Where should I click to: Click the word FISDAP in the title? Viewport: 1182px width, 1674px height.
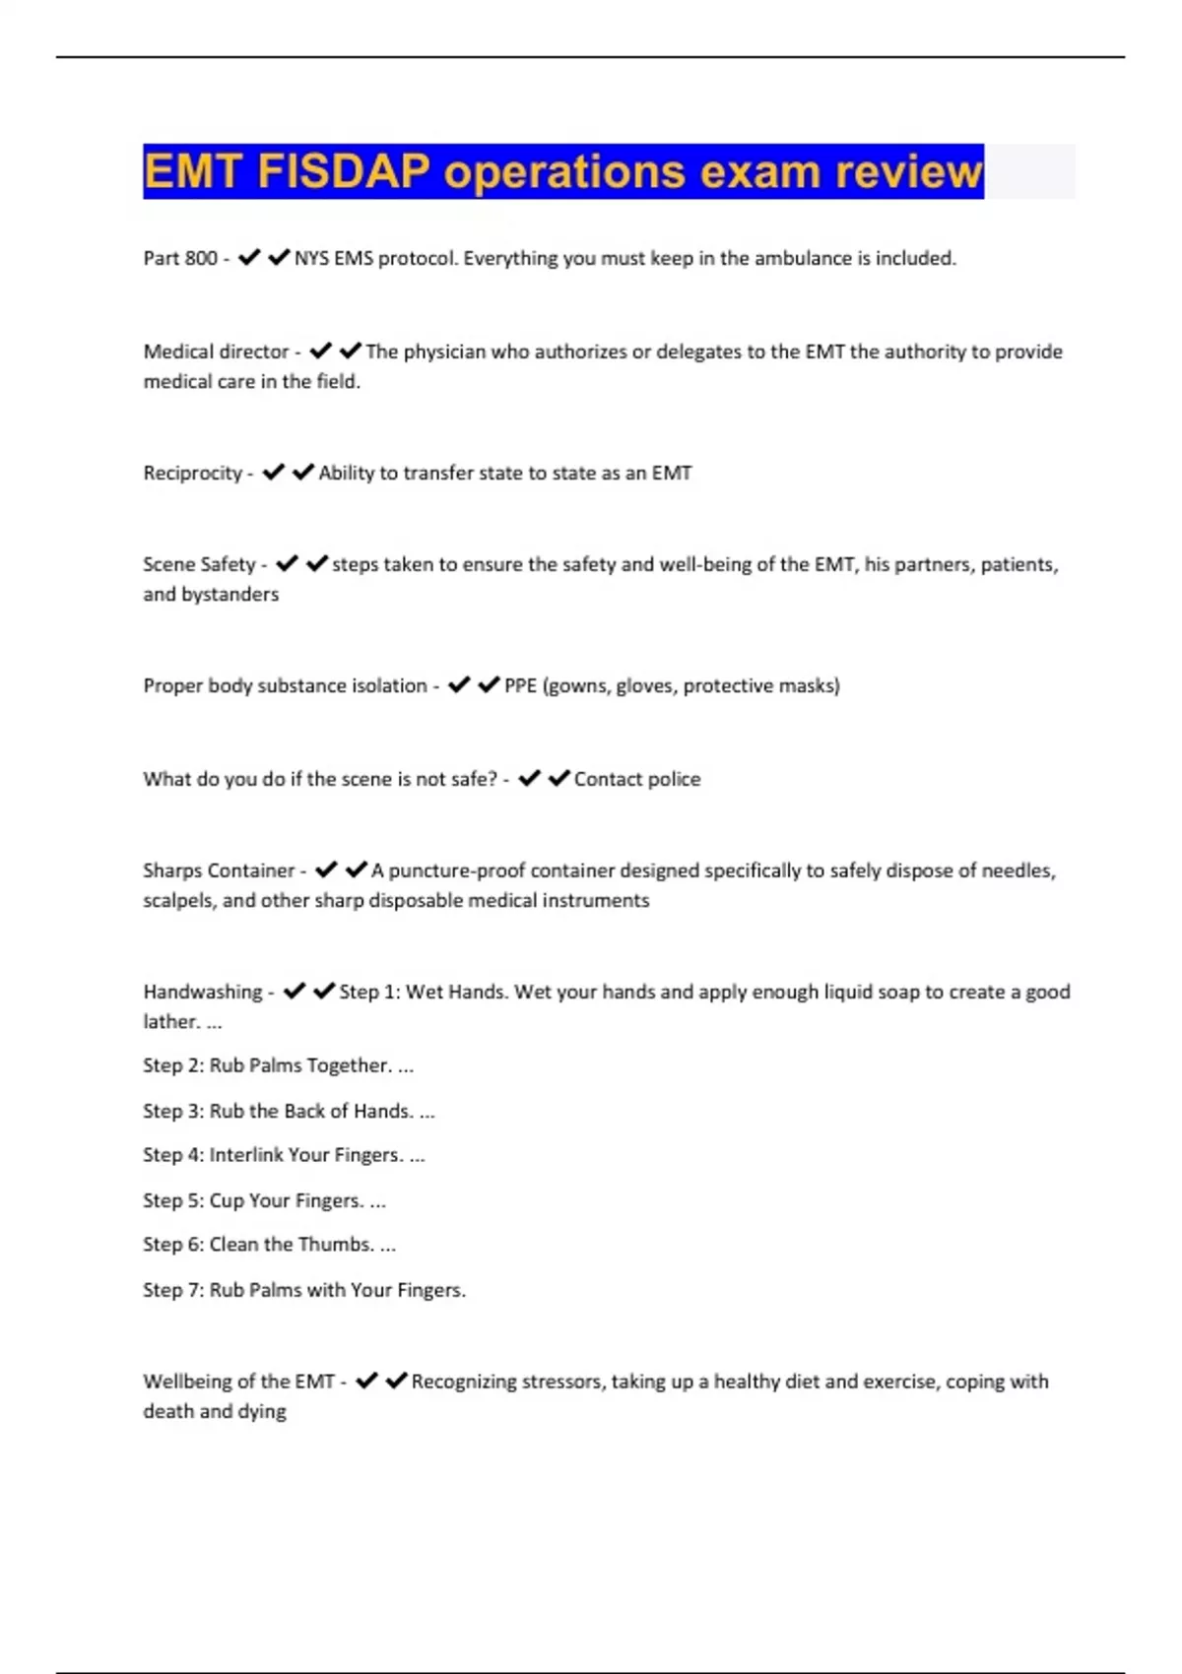tap(343, 171)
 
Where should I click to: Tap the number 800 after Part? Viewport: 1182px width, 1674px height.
tap(201, 258)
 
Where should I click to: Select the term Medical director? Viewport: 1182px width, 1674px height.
tap(216, 352)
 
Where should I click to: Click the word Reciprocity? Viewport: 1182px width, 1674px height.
tap(192, 473)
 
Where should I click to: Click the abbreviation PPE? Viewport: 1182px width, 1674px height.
tap(520, 685)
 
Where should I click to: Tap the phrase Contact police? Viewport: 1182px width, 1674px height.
tap(637, 779)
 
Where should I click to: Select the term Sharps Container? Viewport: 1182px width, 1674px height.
tap(219, 870)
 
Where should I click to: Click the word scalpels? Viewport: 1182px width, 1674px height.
tap(178, 900)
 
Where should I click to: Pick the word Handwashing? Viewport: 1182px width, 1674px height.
tap(203, 992)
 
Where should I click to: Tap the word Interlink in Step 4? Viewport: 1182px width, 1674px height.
tap(245, 1155)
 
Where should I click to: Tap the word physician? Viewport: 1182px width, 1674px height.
tap(445, 352)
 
